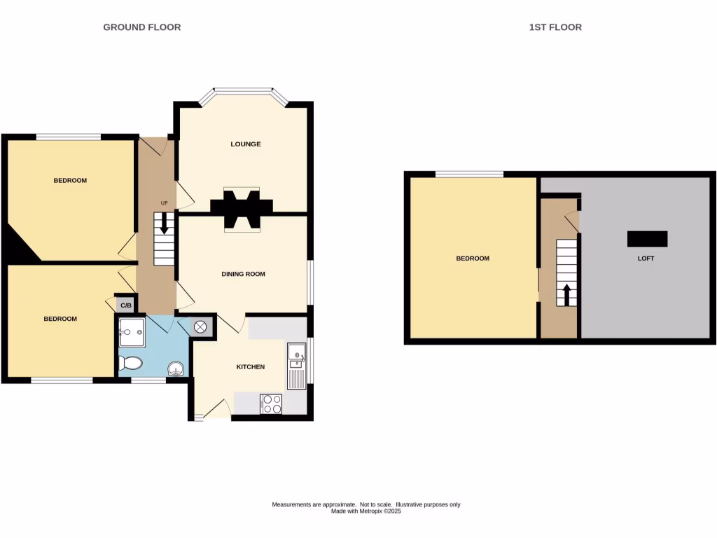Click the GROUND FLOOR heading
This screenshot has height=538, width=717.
pos(142,27)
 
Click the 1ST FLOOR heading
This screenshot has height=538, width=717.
pos(555,27)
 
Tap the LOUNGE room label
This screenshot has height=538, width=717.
pos(246,144)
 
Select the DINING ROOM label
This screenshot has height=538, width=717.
pos(244,274)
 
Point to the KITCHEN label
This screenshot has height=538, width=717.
pos(250,367)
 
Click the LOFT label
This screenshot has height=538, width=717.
pos(646,258)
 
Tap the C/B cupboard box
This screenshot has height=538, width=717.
pos(126,305)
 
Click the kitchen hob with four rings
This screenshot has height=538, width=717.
pos(272,404)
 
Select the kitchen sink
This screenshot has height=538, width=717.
pos(295,354)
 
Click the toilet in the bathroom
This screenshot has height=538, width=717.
pos(130,363)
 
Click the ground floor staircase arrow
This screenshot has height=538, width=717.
pos(164,224)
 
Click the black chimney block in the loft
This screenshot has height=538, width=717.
pos(648,239)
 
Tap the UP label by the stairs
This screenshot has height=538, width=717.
pos(165,204)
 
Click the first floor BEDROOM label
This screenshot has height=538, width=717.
pos(473,258)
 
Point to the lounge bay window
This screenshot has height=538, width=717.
pos(243,90)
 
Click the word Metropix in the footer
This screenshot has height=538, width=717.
pos(370,511)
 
